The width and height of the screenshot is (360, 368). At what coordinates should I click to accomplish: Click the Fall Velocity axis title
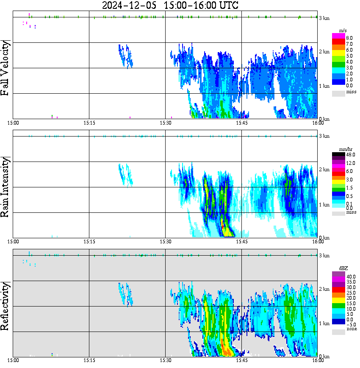tap(6, 68)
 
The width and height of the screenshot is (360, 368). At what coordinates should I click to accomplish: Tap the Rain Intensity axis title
tap(6, 187)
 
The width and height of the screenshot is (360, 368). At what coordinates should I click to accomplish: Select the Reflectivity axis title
tap(6, 306)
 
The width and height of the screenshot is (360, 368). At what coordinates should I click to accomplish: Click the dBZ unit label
tap(343, 268)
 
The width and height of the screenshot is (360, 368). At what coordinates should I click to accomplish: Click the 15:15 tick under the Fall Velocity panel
tap(89, 123)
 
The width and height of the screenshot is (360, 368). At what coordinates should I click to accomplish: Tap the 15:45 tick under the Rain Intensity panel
tap(241, 242)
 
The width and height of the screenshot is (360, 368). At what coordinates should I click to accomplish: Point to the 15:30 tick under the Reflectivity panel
tap(166, 361)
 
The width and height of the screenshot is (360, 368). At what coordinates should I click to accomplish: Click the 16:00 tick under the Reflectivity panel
tap(318, 361)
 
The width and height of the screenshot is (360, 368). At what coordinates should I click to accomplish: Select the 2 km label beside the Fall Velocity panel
tap(324, 52)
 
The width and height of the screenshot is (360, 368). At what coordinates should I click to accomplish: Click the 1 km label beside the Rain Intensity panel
tap(324, 205)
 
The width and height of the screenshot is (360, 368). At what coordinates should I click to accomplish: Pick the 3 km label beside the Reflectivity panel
tap(324, 256)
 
